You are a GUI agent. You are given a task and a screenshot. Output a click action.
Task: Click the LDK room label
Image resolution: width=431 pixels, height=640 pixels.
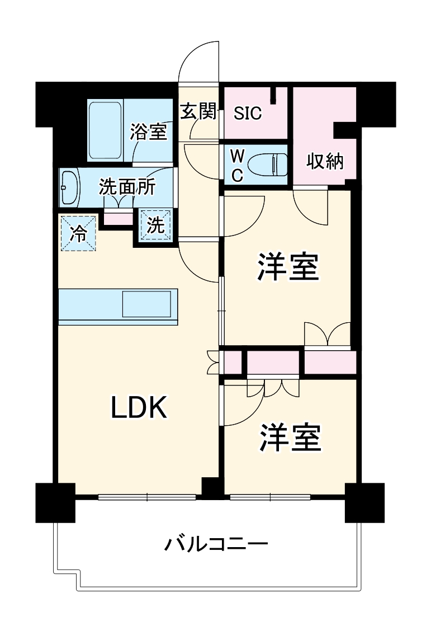(x=139, y=408)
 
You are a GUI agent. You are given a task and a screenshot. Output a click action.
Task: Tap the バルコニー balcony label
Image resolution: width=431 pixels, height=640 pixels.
(x=216, y=543)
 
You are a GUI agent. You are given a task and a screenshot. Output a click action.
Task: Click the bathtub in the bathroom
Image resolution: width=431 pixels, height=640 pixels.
(x=106, y=130)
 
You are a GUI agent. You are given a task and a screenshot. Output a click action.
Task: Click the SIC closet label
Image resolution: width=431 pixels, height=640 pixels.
(x=248, y=114)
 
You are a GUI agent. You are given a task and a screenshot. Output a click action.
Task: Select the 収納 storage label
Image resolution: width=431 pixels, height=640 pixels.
(x=324, y=162)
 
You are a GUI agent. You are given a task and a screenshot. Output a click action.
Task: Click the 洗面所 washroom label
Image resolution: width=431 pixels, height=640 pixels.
(x=127, y=187)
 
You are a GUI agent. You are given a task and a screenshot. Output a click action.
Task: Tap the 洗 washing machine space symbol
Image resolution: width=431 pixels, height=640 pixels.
(x=155, y=225)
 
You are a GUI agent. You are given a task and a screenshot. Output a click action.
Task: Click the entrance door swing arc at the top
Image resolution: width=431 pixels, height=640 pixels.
(x=198, y=62)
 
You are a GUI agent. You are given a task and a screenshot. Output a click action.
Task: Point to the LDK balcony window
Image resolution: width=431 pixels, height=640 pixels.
(x=147, y=496)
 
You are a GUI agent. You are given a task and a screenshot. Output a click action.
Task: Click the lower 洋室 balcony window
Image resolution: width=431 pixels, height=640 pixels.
(x=270, y=496)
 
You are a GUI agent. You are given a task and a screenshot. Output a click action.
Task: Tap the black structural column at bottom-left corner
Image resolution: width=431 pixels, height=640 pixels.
(x=55, y=502)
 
